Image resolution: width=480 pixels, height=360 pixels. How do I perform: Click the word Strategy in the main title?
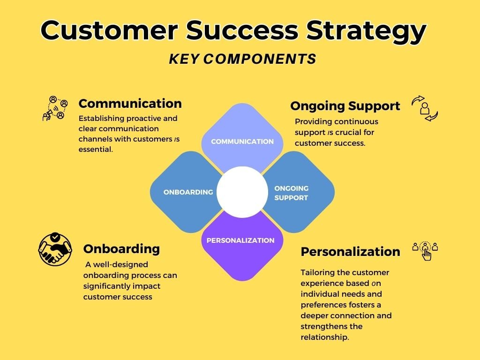366,31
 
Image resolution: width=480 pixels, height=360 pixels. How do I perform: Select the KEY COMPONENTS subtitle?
242,59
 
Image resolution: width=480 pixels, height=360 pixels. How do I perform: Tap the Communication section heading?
130,104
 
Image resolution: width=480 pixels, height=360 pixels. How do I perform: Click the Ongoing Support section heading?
345,106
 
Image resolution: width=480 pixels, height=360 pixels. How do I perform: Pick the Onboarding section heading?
121,248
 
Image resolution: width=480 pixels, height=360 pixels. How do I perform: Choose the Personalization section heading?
350,252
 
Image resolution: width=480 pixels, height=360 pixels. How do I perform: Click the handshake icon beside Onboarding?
55,249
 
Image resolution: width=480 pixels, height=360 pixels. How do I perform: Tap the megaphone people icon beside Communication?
55,108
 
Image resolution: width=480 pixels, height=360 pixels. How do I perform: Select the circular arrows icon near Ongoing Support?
424,108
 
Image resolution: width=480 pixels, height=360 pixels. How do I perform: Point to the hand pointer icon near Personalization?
425,251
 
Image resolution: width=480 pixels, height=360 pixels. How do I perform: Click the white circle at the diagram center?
242,192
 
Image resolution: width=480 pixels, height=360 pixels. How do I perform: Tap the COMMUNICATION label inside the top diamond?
242,142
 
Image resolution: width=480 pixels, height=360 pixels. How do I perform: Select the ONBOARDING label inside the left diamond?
188,192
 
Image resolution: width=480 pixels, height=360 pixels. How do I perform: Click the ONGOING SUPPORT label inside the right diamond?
291,193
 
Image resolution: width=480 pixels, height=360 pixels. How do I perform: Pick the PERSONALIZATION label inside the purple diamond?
240,240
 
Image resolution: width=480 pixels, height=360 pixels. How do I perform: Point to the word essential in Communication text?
96,149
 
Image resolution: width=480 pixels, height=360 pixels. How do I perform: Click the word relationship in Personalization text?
324,337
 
